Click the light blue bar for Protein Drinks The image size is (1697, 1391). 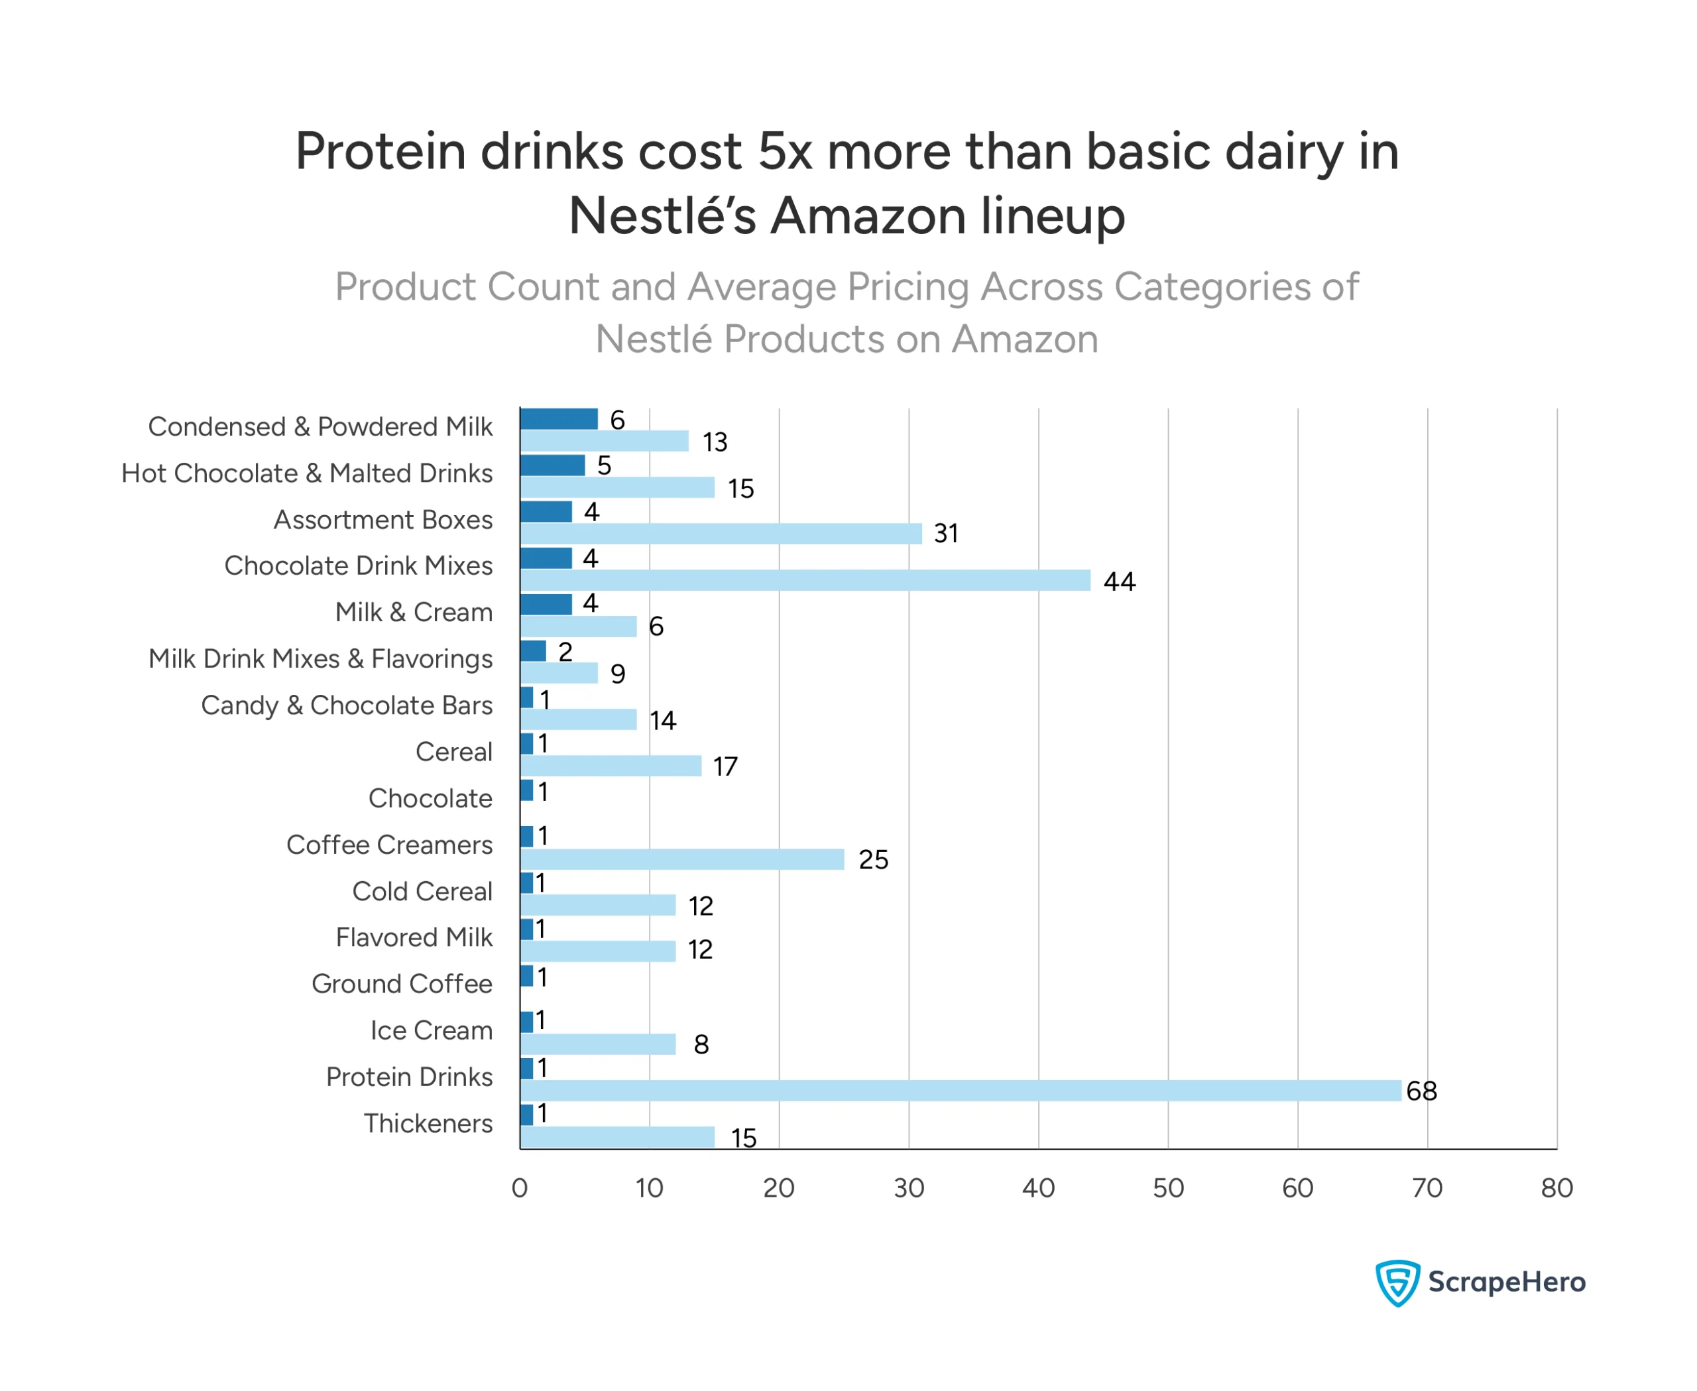pyautogui.click(x=960, y=1091)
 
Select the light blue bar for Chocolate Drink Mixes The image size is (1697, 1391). pyautogui.click(x=805, y=580)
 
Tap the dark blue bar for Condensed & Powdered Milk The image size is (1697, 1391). pyautogui.click(x=558, y=419)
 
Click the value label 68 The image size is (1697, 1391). pyautogui.click(x=1421, y=1091)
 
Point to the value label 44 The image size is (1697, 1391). pyautogui.click(x=1120, y=581)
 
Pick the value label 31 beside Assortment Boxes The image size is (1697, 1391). pyautogui.click(x=945, y=534)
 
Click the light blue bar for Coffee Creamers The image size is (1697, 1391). pyautogui.click(x=682, y=859)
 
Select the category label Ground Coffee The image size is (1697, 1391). pyautogui.click(x=402, y=984)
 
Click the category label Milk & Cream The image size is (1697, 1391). pyautogui.click(x=414, y=612)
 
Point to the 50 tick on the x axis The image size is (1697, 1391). pyautogui.click(x=1168, y=1188)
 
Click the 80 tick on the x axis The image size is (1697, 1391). pyautogui.click(x=1556, y=1188)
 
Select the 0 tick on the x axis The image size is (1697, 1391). pyautogui.click(x=519, y=1188)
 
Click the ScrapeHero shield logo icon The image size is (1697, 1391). pyautogui.click(x=1397, y=1283)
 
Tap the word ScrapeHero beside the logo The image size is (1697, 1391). pyautogui.click(x=1506, y=1282)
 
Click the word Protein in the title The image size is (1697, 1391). pyautogui.click(x=380, y=152)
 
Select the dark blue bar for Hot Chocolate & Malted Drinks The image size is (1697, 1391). pyautogui.click(x=552, y=465)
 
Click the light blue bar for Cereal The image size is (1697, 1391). pyautogui.click(x=611, y=766)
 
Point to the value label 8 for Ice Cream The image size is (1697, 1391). pyautogui.click(x=701, y=1045)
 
